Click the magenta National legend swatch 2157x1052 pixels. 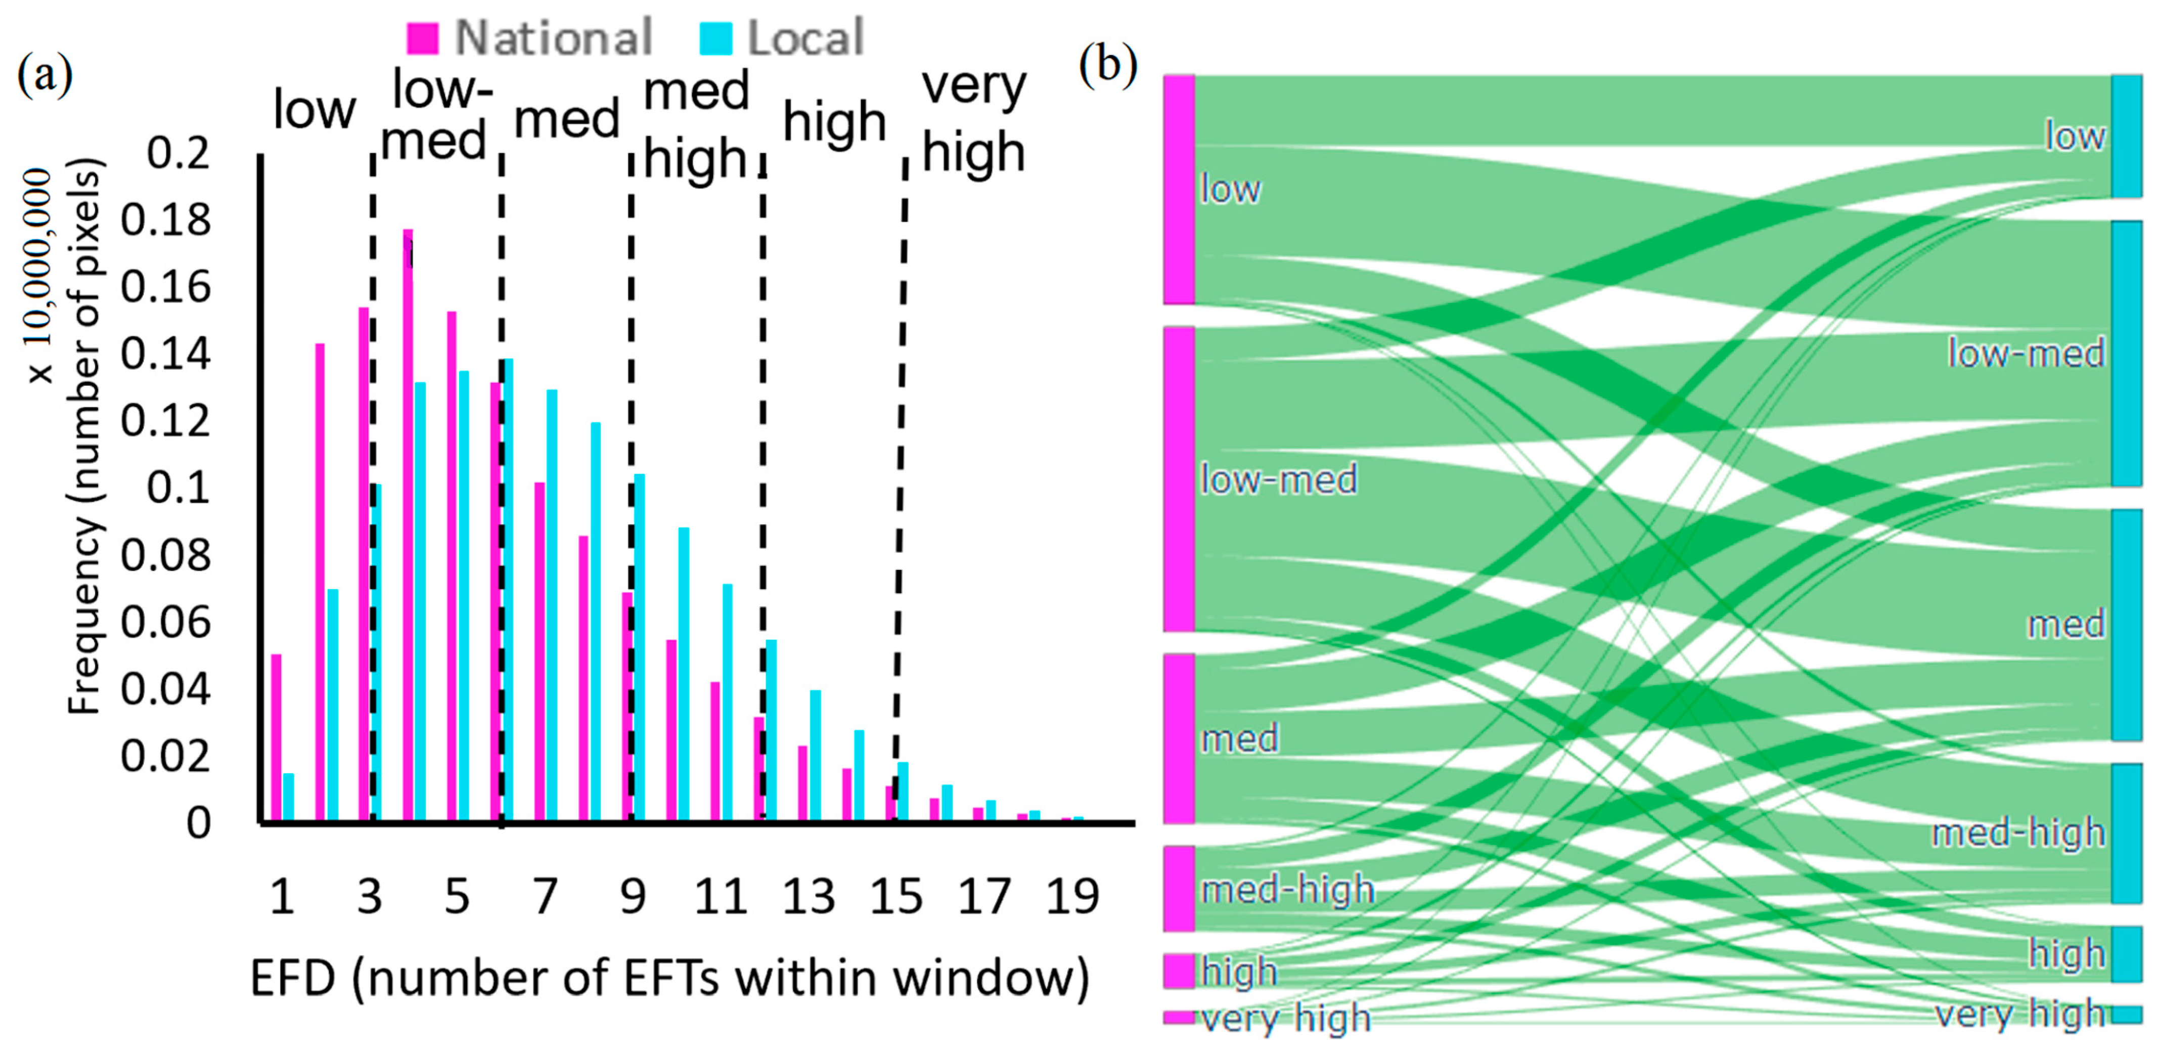pyautogui.click(x=422, y=38)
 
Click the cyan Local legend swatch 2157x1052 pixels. pyautogui.click(x=715, y=38)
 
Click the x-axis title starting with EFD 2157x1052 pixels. pyautogui.click(x=670, y=978)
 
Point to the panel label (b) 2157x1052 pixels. pyautogui.click(x=1107, y=65)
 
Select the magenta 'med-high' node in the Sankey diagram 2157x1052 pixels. pyautogui.click(x=1179, y=889)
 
